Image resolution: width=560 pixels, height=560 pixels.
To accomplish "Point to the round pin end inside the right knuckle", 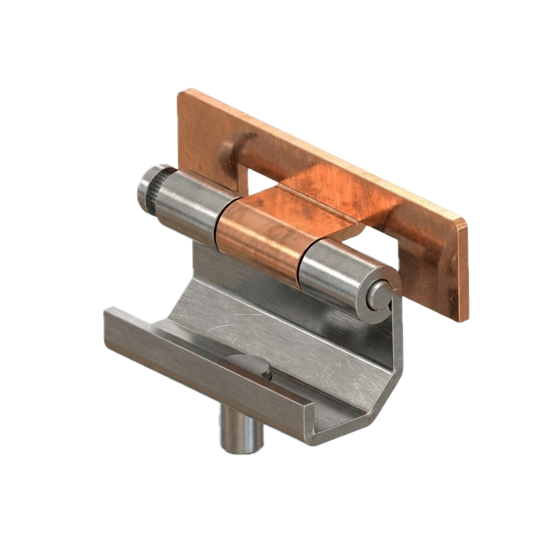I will pyautogui.click(x=377, y=295).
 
